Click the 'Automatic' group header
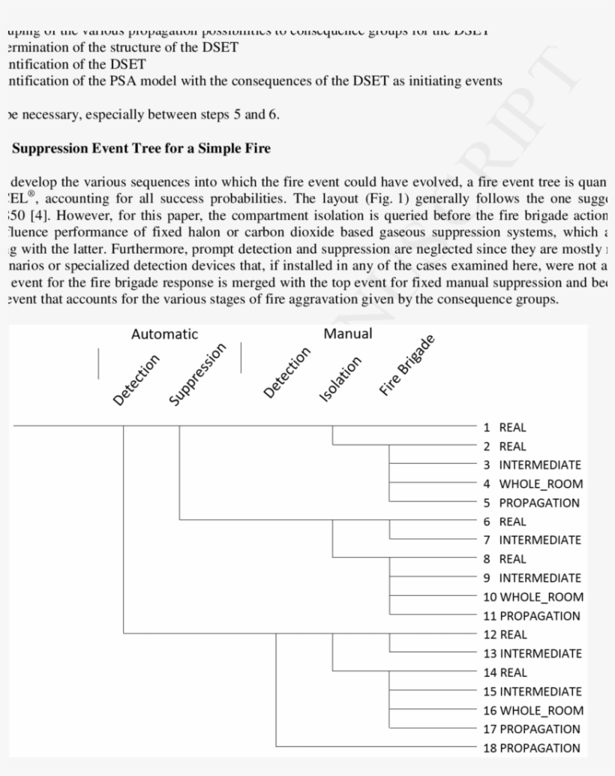pos(164,335)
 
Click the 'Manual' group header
pos(347,334)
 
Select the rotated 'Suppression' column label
pos(197,374)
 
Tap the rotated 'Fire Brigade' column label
pos(406,365)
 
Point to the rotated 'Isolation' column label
pos(340,380)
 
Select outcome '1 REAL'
pos(505,428)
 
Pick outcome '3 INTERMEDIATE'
pos(532,465)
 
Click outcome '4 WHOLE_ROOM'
pos(532,484)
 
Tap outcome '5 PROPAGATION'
pos(531,503)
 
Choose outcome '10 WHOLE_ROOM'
pos(532,597)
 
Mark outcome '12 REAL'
pos(505,635)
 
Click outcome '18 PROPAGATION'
pos(531,748)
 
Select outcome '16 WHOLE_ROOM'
pos(532,711)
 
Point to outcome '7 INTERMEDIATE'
pos(532,540)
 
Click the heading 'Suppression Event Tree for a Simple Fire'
pos(141,149)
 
